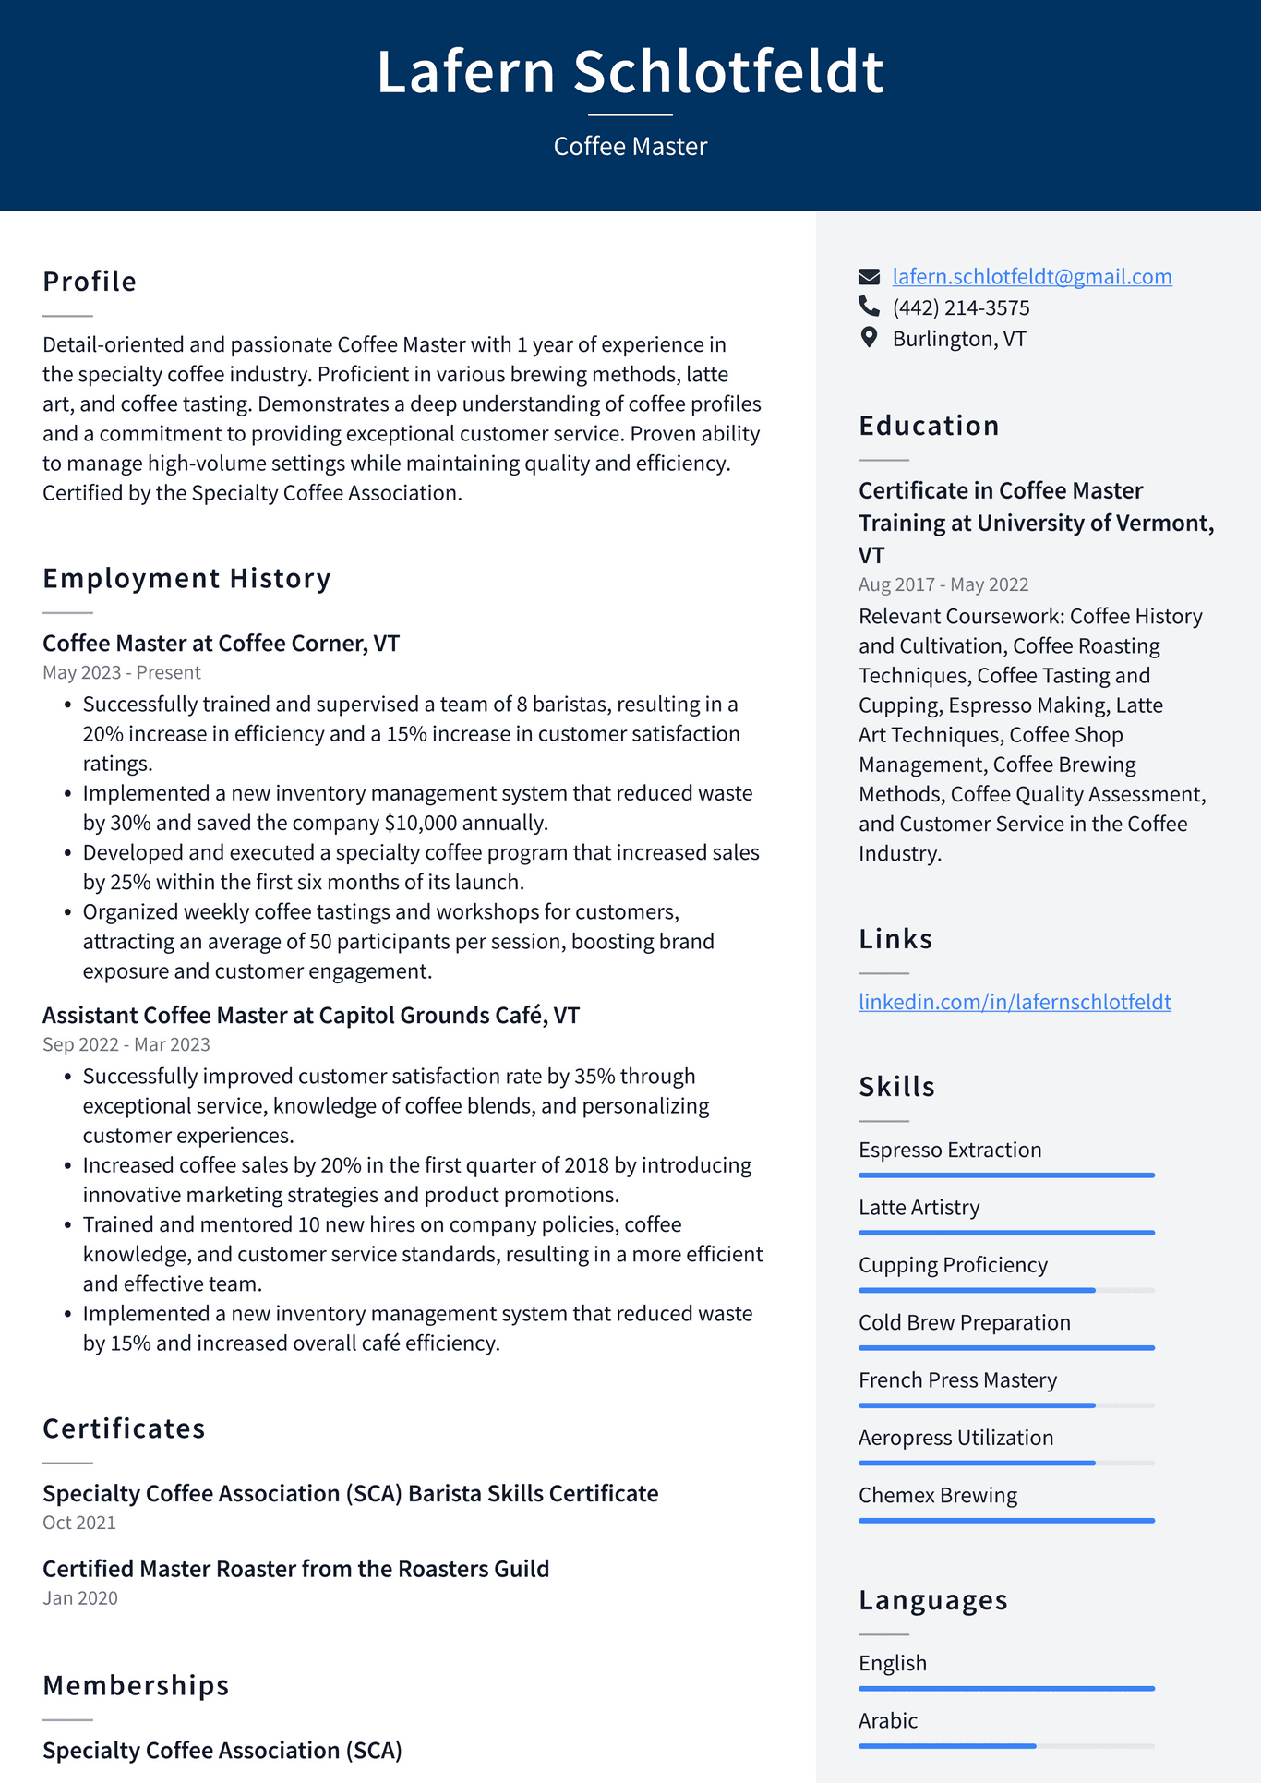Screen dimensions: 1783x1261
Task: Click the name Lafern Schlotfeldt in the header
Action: [630, 72]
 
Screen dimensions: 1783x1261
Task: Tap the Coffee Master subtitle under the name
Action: [630, 147]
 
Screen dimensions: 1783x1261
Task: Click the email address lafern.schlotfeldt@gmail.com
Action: [1031, 277]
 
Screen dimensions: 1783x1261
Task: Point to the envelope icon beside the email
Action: [869, 277]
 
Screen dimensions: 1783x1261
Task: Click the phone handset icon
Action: [869, 306]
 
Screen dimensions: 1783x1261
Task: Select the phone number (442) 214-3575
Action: [960, 308]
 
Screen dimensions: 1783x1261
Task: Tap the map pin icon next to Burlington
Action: [869, 338]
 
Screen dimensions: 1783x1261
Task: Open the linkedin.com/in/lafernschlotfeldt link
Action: [1014, 1002]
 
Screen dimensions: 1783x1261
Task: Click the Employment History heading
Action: [186, 579]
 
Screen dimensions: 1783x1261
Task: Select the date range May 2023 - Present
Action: [121, 673]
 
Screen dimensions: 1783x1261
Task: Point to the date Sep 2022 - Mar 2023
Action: [126, 1045]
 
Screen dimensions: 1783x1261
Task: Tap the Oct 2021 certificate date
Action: [79, 1524]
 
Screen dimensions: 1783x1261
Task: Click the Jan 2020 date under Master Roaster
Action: [80, 1598]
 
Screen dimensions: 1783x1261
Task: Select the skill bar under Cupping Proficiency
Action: [1005, 1290]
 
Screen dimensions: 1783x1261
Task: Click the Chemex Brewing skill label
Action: [937, 1496]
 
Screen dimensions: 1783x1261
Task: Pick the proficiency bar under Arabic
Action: [1005, 1746]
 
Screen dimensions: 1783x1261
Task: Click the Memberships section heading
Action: [136, 1686]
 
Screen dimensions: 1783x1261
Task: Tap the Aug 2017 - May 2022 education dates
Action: [943, 585]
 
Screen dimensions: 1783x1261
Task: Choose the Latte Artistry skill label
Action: [919, 1208]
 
